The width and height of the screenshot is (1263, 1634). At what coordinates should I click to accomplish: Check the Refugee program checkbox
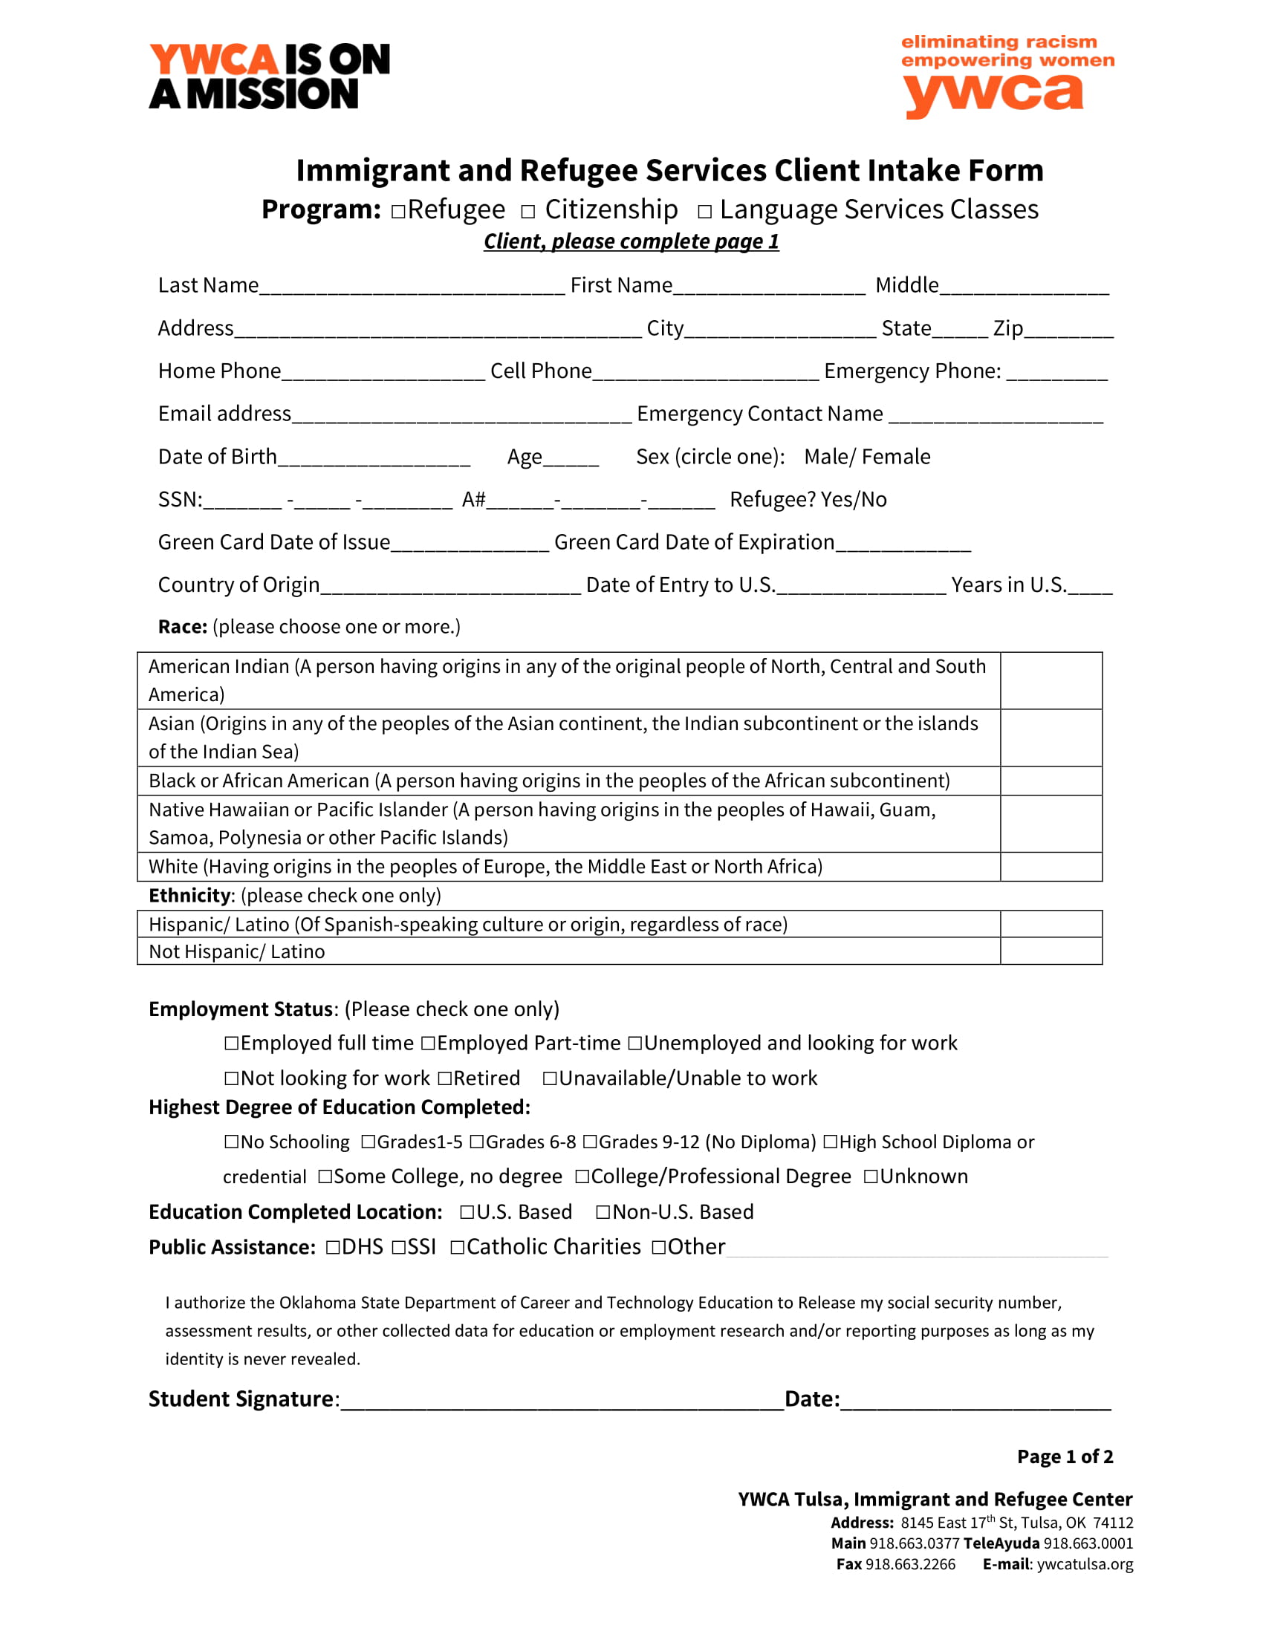pyautogui.click(x=398, y=212)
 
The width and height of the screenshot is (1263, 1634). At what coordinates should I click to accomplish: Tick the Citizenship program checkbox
pyautogui.click(x=528, y=212)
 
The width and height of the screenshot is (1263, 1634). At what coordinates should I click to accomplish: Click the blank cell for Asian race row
pyautogui.click(x=1051, y=738)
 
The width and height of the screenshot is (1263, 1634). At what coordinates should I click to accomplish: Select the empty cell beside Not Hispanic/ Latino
pyautogui.click(x=1051, y=951)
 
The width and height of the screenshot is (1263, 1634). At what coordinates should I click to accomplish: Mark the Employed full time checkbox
pyautogui.click(x=232, y=1043)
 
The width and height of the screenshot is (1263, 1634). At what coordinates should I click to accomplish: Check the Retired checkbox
pyautogui.click(x=445, y=1078)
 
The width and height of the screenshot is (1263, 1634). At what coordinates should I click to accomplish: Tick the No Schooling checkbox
pyautogui.click(x=232, y=1142)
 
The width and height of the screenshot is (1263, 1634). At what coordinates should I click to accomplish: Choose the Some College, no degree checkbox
pyautogui.click(x=325, y=1176)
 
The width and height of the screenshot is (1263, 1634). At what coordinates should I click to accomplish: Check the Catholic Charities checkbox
pyautogui.click(x=457, y=1246)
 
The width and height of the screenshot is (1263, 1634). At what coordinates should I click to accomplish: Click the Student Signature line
pyautogui.click(x=561, y=1401)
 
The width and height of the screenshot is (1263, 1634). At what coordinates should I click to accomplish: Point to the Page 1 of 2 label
pyautogui.click(x=1064, y=1456)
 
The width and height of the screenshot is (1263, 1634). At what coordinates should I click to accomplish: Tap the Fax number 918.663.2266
pyautogui.click(x=910, y=1563)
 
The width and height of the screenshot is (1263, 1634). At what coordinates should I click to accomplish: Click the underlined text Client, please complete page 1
pyautogui.click(x=631, y=241)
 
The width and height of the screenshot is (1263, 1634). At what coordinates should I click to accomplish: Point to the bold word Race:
pyautogui.click(x=182, y=626)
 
